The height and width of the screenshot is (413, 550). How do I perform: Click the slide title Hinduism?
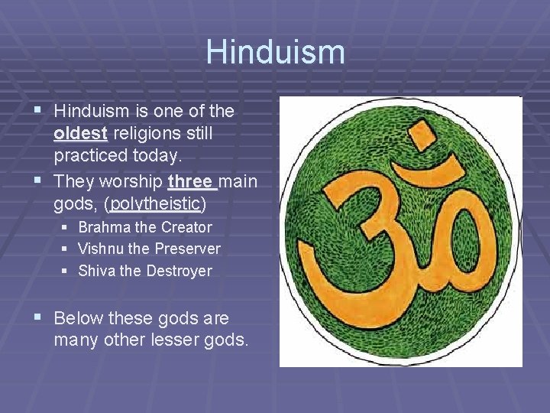click(x=275, y=52)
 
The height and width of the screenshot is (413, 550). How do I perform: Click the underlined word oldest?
click(x=81, y=134)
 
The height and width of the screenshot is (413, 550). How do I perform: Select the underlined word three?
click(x=192, y=183)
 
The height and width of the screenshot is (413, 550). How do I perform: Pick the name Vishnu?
click(x=101, y=249)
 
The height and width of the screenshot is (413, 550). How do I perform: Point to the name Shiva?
click(x=97, y=271)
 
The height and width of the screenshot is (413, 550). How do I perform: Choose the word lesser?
click(x=176, y=339)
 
